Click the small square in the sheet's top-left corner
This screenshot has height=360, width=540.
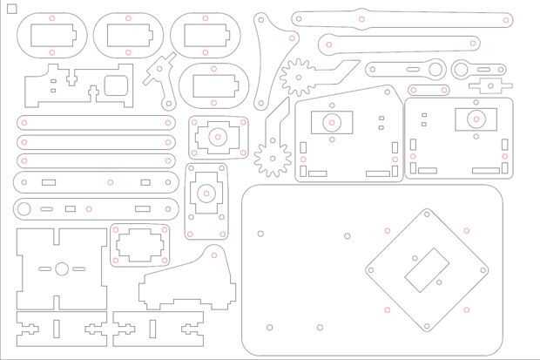11,9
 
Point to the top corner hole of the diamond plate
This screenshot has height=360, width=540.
427,213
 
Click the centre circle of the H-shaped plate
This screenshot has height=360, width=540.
62,268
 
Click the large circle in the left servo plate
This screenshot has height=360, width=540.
331,122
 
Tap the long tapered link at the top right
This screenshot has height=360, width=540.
401,18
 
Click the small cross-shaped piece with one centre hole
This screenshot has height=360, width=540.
489,85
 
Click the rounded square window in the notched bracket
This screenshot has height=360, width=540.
115,85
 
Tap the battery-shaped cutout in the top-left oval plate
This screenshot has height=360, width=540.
52,35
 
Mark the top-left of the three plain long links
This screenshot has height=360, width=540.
96,122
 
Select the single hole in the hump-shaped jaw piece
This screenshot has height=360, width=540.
213,255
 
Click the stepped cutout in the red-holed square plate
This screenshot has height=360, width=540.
140,245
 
